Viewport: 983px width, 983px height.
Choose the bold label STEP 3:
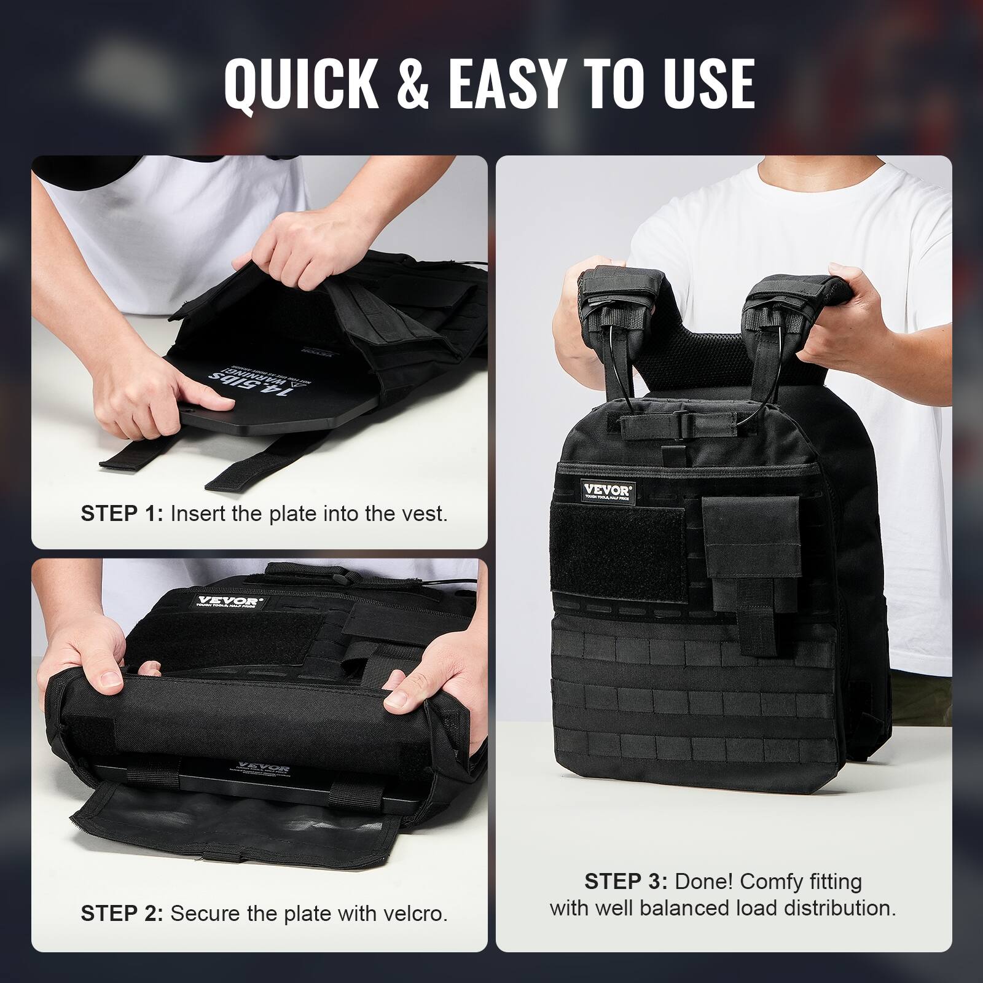(626, 882)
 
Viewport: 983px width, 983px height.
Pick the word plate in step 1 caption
(295, 514)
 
